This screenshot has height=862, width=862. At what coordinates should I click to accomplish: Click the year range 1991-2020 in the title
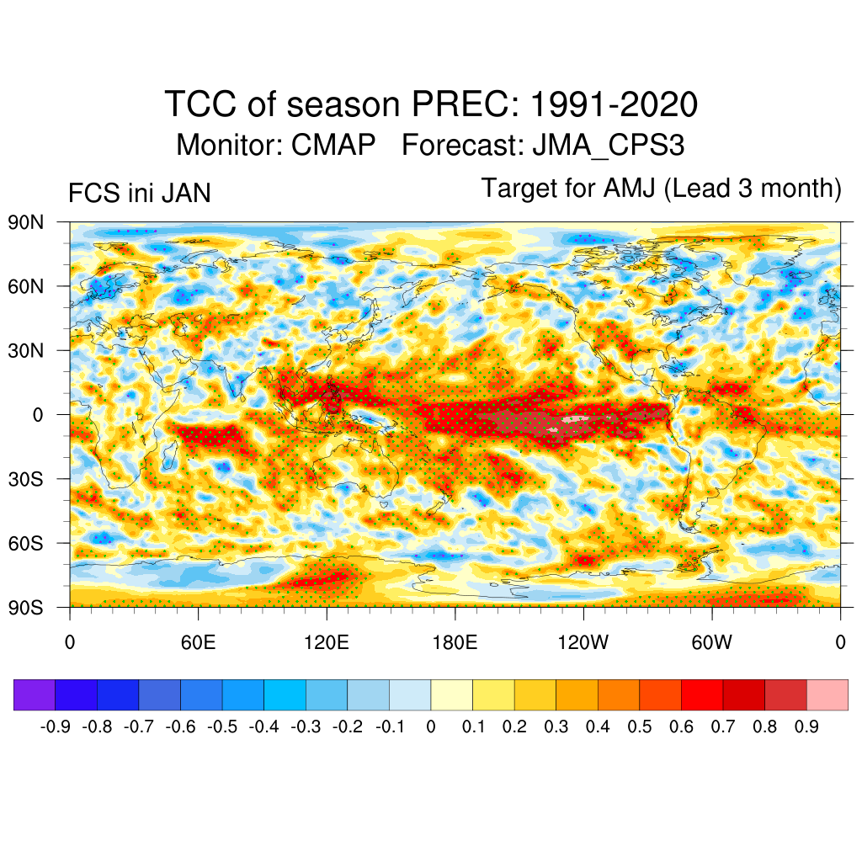tap(614, 105)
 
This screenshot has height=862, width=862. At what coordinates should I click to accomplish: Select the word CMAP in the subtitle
tap(333, 146)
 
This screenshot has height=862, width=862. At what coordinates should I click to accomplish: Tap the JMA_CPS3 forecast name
tap(608, 146)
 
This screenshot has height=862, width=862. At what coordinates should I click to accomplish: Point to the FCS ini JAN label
tap(139, 194)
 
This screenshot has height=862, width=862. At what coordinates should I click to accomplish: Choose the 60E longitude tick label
tap(198, 643)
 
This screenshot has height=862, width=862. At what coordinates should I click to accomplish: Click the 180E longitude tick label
tap(455, 643)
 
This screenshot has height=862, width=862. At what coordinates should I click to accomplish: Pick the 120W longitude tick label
tap(583, 643)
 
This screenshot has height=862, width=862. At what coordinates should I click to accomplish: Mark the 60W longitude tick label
tap(711, 643)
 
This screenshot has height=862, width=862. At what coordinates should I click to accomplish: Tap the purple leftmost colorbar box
tap(35, 695)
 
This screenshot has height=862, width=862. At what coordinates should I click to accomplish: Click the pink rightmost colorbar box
tap(827, 695)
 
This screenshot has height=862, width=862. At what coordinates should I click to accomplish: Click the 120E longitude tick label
tap(326, 643)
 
